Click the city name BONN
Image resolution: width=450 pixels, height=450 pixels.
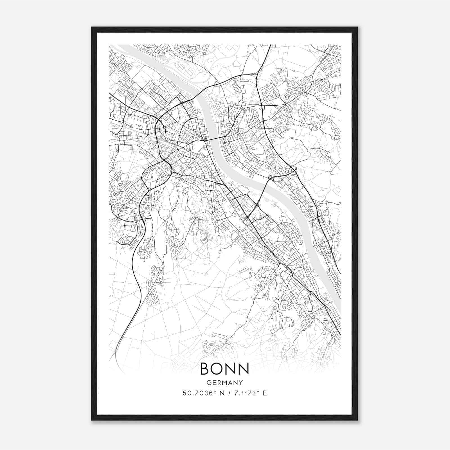[224, 368]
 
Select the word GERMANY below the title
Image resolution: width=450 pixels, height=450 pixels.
[224, 383]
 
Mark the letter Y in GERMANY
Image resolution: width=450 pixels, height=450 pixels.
[240, 383]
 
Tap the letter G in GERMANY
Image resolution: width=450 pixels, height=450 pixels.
[208, 383]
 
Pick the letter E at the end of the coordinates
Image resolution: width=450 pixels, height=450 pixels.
[264, 393]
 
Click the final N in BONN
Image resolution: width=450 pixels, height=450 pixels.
[244, 368]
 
